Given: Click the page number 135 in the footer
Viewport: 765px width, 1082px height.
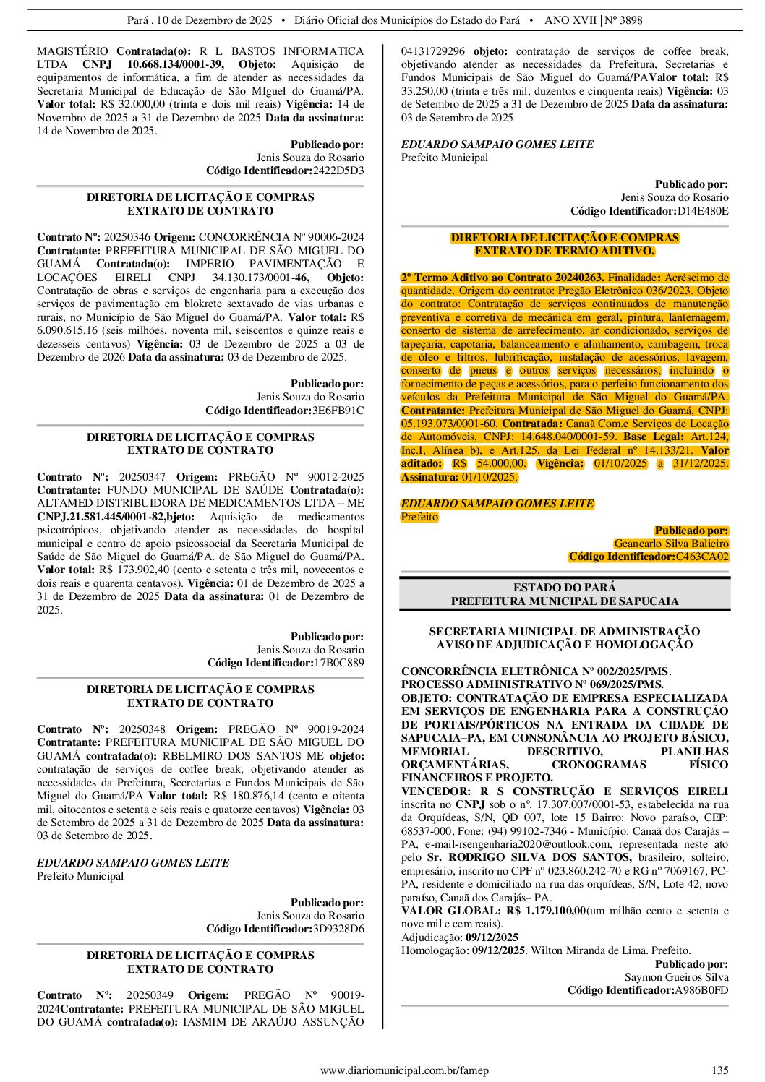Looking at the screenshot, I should pyautogui.click(x=719, y=1070).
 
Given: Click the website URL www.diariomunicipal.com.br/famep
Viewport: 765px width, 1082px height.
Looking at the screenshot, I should pyautogui.click(x=404, y=1070).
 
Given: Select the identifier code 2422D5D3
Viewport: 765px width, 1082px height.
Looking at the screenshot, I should pyautogui.click(x=338, y=171).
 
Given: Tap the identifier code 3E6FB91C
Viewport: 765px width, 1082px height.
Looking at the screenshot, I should pyautogui.click(x=338, y=411).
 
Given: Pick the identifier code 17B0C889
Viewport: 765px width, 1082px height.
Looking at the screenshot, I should pyautogui.click(x=338, y=663).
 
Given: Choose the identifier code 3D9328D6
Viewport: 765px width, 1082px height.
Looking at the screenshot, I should pyautogui.click(x=338, y=929).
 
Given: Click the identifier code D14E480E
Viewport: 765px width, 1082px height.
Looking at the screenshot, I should pyautogui.click(x=703, y=211).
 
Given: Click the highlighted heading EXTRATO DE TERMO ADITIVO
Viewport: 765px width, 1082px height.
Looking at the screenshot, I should pyautogui.click(x=565, y=251).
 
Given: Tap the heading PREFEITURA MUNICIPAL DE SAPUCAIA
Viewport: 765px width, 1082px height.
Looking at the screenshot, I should pyautogui.click(x=565, y=601).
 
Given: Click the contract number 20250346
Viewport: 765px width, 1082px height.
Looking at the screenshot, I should pyautogui.click(x=127, y=237).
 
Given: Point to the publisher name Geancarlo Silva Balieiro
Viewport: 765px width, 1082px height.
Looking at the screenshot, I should pyautogui.click(x=671, y=544).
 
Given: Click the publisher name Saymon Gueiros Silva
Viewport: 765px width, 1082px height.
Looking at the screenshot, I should pyautogui.click(x=677, y=977).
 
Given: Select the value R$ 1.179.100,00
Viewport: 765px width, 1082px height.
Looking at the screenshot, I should pyautogui.click(x=546, y=911).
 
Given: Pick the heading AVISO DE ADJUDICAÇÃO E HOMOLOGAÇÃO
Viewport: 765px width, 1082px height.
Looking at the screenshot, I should pyautogui.click(x=565, y=645).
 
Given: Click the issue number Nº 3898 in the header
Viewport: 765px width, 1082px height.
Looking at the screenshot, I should pyautogui.click(x=623, y=20).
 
